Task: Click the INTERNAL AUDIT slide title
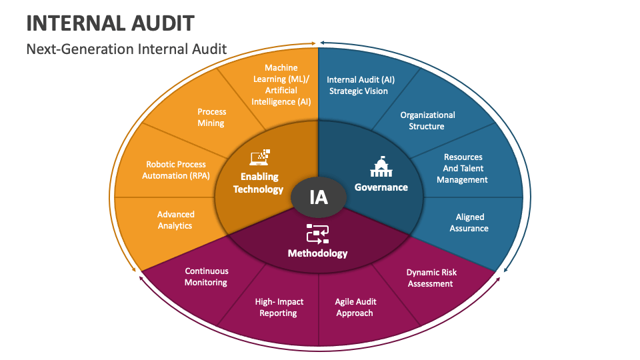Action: pos(110,23)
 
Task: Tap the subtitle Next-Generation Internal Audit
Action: pos(127,49)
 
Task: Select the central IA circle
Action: pos(319,197)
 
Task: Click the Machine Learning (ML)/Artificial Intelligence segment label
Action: pos(281,85)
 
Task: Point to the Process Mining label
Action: pos(211,117)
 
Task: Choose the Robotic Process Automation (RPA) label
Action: pos(176,170)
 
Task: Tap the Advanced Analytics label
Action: pos(175,220)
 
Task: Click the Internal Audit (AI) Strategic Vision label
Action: pos(357,85)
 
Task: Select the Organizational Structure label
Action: pos(427,121)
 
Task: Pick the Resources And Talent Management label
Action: pos(463,169)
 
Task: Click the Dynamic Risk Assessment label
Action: pos(431,278)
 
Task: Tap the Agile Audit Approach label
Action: pos(355,307)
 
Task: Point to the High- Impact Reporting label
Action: pos(279,307)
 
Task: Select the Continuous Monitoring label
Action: pos(206,277)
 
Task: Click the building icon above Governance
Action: pos(381,167)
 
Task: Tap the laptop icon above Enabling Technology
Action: pos(260,157)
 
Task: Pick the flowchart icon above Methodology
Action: pos(317,233)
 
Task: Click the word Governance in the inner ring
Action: pos(381,187)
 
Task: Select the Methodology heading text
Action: pos(317,253)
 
